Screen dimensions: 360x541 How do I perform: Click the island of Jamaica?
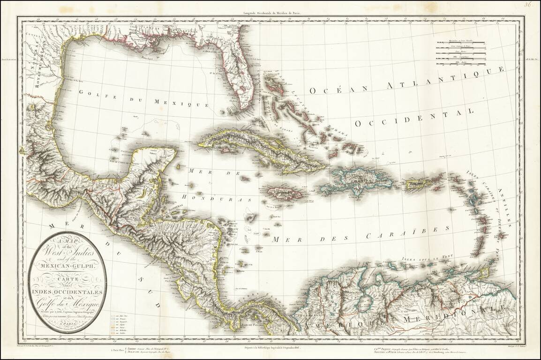[x=282, y=193]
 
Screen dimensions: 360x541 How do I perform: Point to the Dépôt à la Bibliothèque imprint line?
[x=270, y=348]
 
